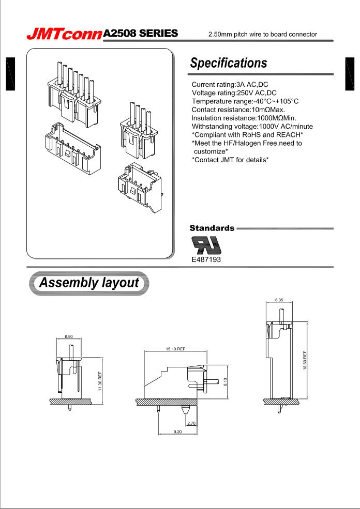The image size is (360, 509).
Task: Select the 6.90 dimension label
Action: (x=68, y=337)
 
